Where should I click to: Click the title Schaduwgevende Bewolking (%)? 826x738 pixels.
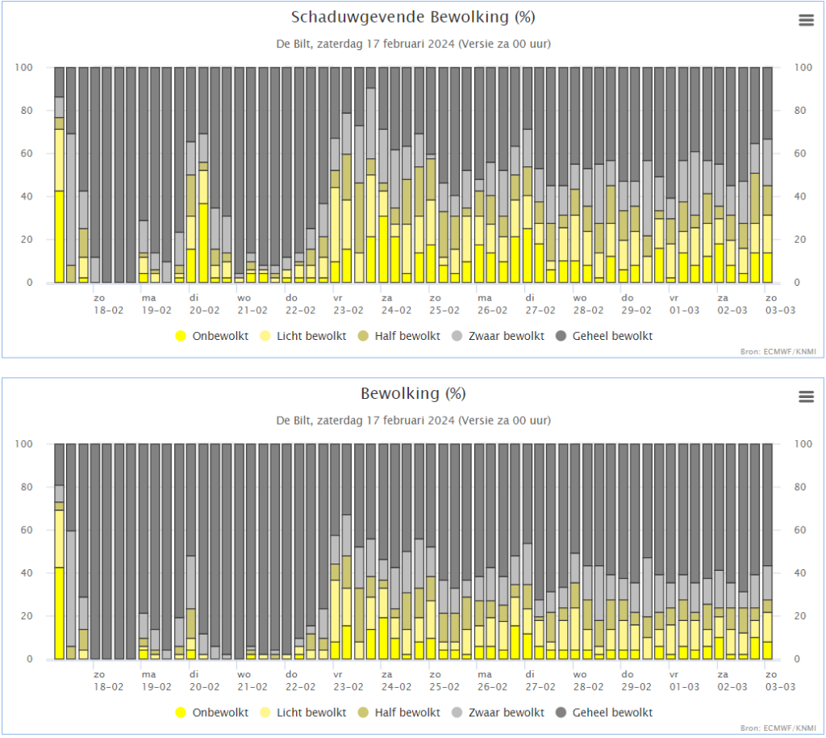click(x=413, y=18)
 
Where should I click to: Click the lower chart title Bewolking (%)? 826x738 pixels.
click(x=413, y=394)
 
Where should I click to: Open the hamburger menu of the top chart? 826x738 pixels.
click(x=806, y=20)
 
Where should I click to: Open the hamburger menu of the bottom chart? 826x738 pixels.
click(x=806, y=396)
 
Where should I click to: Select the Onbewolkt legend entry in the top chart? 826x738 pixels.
click(x=212, y=336)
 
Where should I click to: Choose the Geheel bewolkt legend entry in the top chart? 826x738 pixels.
click(x=604, y=336)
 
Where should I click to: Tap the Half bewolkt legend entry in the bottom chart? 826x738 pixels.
click(x=398, y=713)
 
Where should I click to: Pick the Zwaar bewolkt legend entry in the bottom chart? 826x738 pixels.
click(x=498, y=713)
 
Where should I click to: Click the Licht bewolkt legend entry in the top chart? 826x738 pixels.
click(x=303, y=336)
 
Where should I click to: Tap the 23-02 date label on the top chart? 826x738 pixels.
click(x=348, y=311)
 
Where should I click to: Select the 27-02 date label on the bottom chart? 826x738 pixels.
click(x=540, y=687)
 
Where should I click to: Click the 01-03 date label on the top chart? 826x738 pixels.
click(x=684, y=311)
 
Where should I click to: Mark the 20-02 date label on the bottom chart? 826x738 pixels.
click(x=204, y=687)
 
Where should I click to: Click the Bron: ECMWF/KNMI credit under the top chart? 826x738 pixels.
click(x=778, y=351)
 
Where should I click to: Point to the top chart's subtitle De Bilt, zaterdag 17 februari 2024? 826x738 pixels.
click(x=365, y=44)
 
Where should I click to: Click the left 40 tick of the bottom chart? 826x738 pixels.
click(x=27, y=573)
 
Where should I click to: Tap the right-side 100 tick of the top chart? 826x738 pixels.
click(x=803, y=68)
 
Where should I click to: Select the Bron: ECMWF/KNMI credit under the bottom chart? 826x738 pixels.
click(x=778, y=728)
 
